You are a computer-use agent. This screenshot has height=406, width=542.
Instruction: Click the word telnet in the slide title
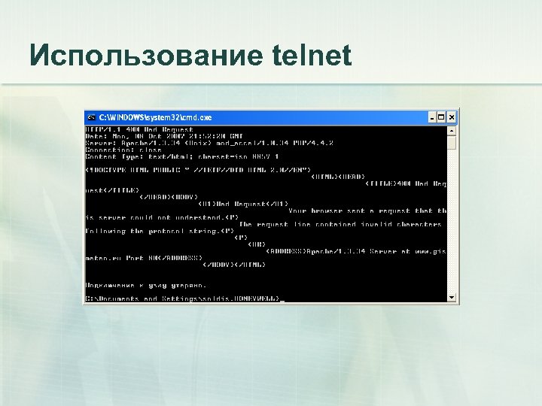[x=309, y=55]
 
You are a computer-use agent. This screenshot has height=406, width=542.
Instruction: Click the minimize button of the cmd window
[x=433, y=117]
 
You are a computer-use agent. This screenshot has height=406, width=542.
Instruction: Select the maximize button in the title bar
[x=443, y=117]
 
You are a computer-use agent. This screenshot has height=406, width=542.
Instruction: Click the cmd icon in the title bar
[x=91, y=117]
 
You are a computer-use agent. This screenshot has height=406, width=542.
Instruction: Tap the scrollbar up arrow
[x=452, y=129]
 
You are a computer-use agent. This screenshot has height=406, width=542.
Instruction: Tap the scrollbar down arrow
[x=452, y=298]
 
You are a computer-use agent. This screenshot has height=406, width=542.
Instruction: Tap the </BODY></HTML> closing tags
[x=233, y=264]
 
